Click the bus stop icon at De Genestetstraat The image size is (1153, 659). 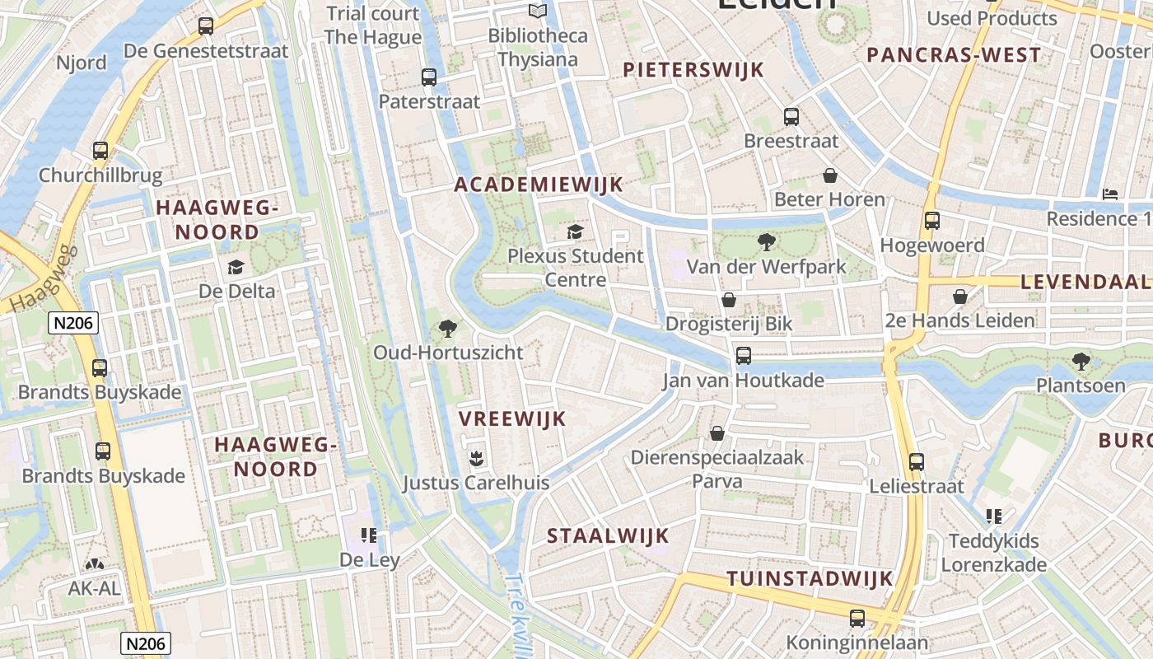pos(206,26)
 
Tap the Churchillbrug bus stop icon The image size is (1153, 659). pos(100,151)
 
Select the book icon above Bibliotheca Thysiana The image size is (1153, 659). pos(538,11)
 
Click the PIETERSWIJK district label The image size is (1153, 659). pos(693,70)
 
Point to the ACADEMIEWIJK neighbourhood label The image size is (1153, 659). pos(539,185)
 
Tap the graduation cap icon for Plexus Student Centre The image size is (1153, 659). pos(575,232)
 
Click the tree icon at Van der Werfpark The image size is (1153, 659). pos(766,242)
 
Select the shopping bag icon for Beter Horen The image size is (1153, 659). pos(829,175)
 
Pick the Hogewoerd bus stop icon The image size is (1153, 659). pos(932,221)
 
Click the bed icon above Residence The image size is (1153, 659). pos(1110,194)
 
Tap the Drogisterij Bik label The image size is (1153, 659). pos(729,324)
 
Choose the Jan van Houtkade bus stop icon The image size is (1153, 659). pos(744,356)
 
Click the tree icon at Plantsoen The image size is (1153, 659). pos(1081,361)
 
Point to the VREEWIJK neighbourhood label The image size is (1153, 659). pos(512,419)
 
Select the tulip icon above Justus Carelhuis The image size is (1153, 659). pos(475,457)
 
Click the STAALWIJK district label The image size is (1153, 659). pos(609,536)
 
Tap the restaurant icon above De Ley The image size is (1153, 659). pos(369,535)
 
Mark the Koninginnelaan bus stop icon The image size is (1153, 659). pos(857,618)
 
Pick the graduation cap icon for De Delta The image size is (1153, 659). pos(236,267)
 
